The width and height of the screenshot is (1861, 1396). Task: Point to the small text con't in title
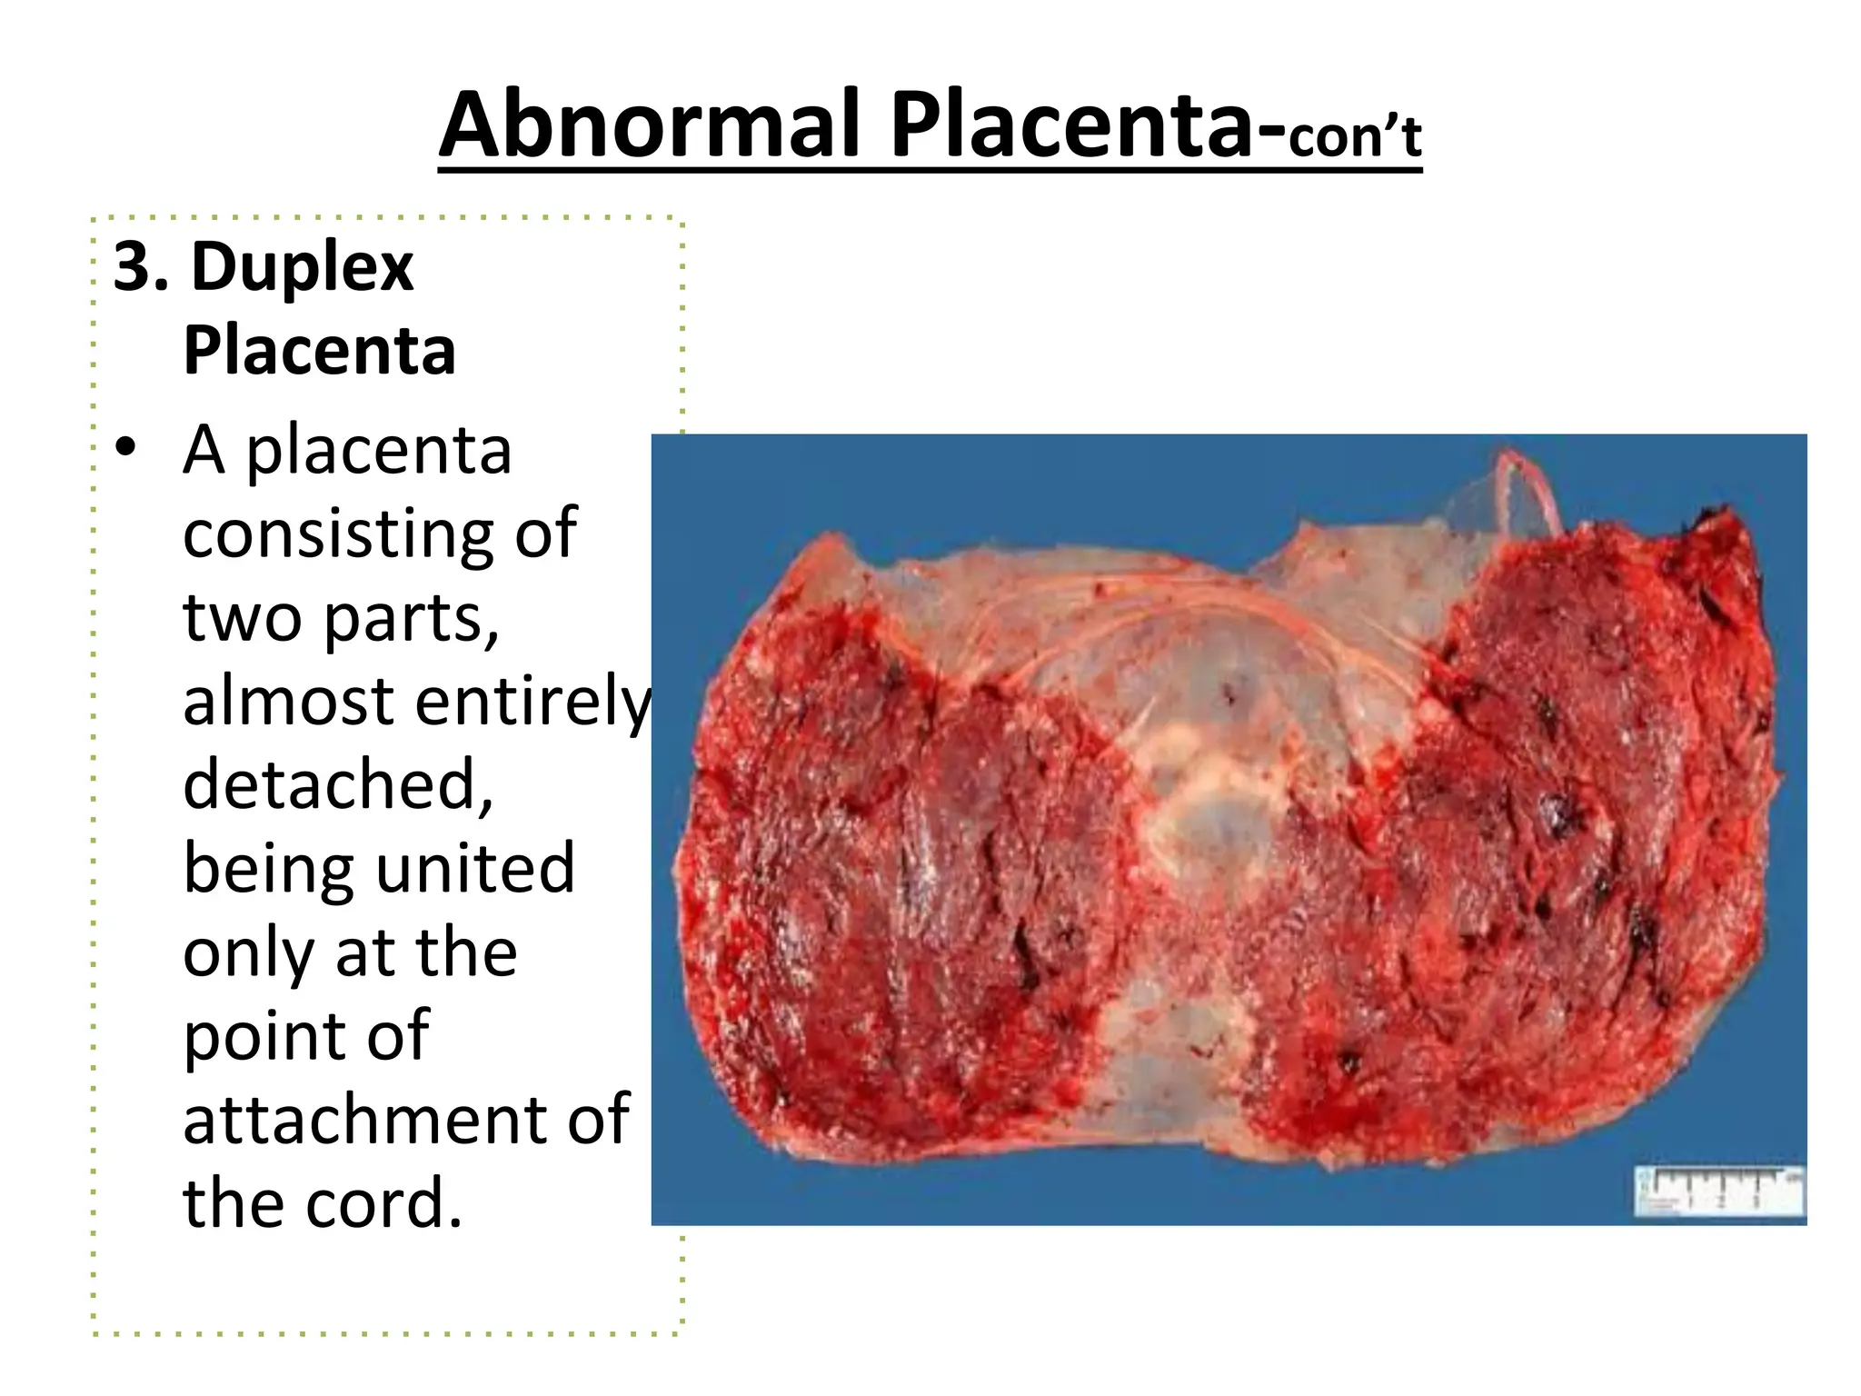point(1354,138)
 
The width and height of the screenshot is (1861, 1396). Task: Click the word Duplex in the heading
point(302,267)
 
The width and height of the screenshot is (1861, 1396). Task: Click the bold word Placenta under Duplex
point(319,351)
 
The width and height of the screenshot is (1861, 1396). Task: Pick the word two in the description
point(242,618)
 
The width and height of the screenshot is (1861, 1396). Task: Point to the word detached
point(337,785)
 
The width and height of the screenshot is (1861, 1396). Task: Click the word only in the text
point(244,954)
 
